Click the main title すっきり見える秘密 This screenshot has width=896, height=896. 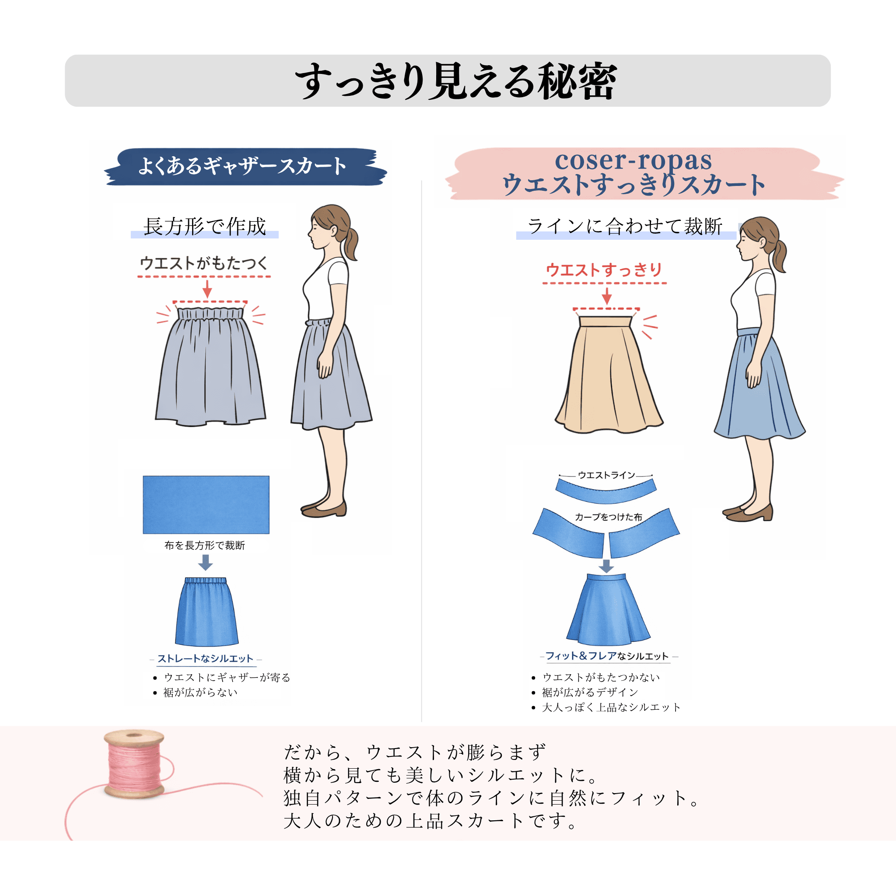(x=456, y=81)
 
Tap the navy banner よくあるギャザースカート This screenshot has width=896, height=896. (x=245, y=167)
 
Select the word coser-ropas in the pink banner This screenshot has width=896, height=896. (x=633, y=161)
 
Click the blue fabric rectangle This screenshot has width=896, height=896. (x=206, y=504)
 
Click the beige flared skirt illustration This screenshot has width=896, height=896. (x=609, y=374)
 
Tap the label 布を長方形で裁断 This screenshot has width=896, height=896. (x=204, y=546)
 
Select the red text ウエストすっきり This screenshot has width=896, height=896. (x=604, y=269)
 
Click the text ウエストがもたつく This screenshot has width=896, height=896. (x=203, y=263)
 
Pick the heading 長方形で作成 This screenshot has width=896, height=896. (x=204, y=226)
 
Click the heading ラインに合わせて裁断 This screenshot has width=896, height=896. (x=625, y=226)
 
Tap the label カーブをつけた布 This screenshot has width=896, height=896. (x=609, y=517)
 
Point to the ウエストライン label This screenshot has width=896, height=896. (x=606, y=475)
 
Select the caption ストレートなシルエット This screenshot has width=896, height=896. (x=205, y=658)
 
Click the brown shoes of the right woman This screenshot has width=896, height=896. (x=748, y=512)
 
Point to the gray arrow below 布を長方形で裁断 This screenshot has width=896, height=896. (x=206, y=562)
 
